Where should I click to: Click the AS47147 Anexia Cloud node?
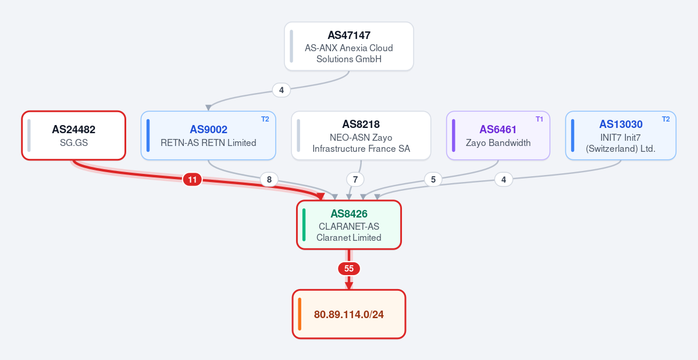pyautogui.click(x=348, y=46)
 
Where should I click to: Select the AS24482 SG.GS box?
pyautogui.click(x=73, y=136)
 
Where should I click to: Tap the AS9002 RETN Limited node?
pyautogui.click(x=208, y=136)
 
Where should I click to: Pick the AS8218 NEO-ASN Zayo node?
pyautogui.click(x=361, y=136)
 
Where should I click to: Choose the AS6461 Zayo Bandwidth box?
pyautogui.click(x=498, y=136)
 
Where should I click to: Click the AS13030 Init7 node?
pyautogui.click(x=621, y=136)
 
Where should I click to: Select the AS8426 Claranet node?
pyautogui.click(x=348, y=224)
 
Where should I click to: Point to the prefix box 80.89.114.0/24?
pyautogui.click(x=348, y=314)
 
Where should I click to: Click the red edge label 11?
pyautogui.click(x=193, y=180)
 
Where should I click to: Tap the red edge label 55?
pyautogui.click(x=348, y=269)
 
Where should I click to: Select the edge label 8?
pyautogui.click(x=269, y=180)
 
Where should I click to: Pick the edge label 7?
pyautogui.click(x=355, y=180)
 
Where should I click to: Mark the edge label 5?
pyautogui.click(x=433, y=180)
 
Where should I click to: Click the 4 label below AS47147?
pyautogui.click(x=282, y=90)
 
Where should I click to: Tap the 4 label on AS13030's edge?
pyautogui.click(x=504, y=180)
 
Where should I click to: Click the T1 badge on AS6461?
pyautogui.click(x=539, y=119)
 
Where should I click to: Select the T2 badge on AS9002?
pyautogui.click(x=265, y=119)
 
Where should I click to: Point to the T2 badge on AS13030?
pyautogui.click(x=666, y=119)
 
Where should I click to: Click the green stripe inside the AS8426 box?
pyautogui.click(x=304, y=224)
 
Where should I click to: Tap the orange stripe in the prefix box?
pyautogui.click(x=300, y=314)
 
